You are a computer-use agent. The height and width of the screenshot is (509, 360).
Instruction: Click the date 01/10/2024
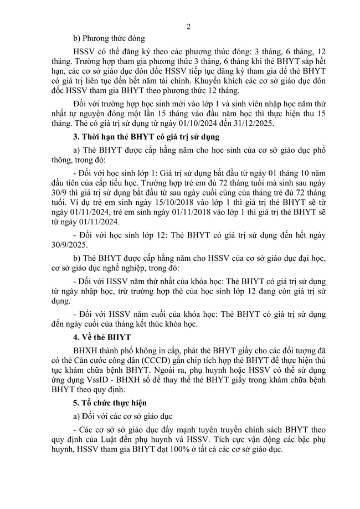pyautogui.click(x=209, y=125)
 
